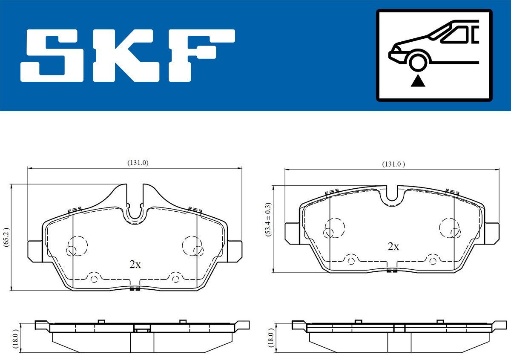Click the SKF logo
[x=128, y=55]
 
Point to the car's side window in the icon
[x=457, y=34]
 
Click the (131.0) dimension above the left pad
[x=138, y=163]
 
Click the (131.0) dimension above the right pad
[x=393, y=164]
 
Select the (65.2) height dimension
[x=6, y=237]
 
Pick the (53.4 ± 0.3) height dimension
[x=268, y=228]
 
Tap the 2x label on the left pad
[x=135, y=265]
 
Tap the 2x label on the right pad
[x=393, y=247]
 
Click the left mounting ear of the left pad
[x=35, y=251]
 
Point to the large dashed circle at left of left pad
[x=78, y=245]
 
